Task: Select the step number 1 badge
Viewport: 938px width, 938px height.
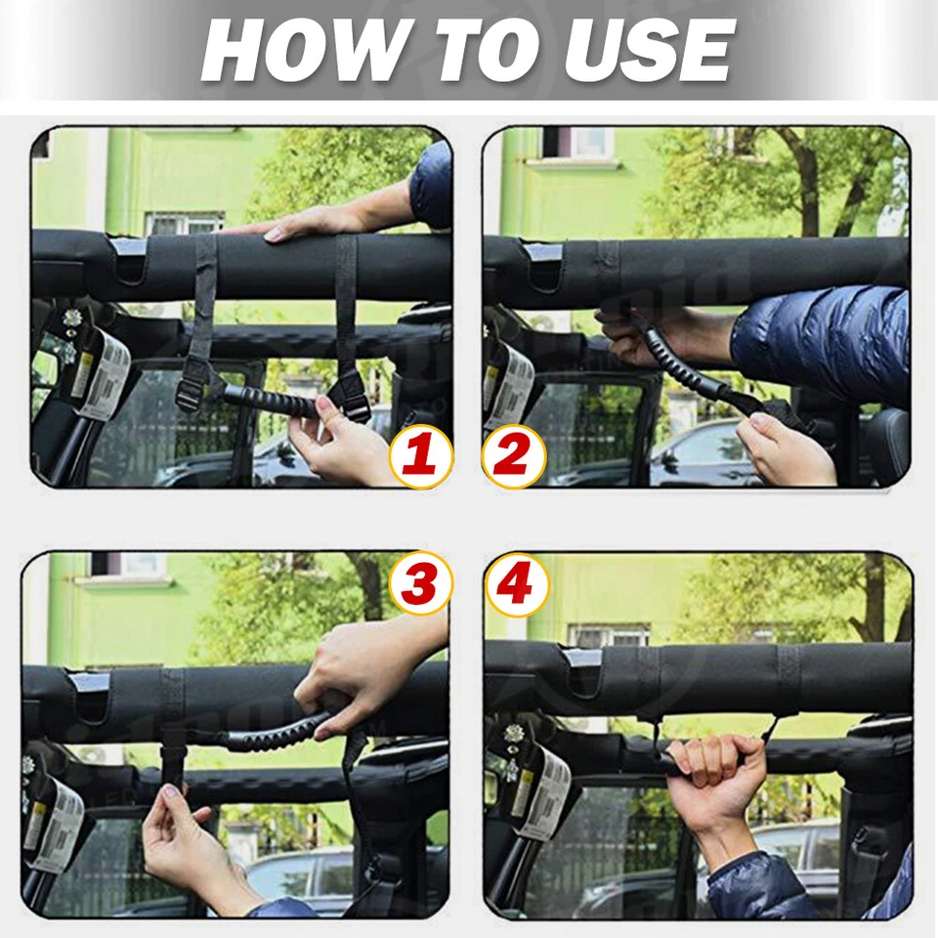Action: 421,456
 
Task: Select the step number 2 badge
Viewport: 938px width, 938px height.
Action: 513,456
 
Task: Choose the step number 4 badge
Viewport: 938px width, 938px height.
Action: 516,583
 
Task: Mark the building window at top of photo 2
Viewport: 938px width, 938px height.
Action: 579,144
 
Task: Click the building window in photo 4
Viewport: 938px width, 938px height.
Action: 610,634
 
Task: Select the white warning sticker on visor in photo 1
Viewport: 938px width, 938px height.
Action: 102,374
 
